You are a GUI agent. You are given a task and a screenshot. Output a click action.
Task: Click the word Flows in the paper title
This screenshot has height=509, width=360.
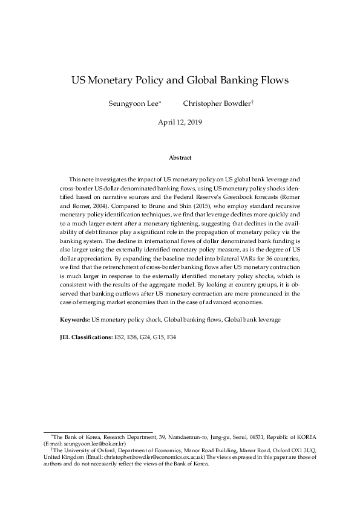coord(272,80)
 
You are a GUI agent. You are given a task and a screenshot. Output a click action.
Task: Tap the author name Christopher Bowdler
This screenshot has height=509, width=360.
coord(215,103)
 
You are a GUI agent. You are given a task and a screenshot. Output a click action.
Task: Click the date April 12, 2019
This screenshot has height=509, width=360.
coord(180,122)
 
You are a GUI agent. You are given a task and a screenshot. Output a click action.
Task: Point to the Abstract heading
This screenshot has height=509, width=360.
coord(180,158)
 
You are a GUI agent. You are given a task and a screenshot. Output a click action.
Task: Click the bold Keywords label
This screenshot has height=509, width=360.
coord(74,318)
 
